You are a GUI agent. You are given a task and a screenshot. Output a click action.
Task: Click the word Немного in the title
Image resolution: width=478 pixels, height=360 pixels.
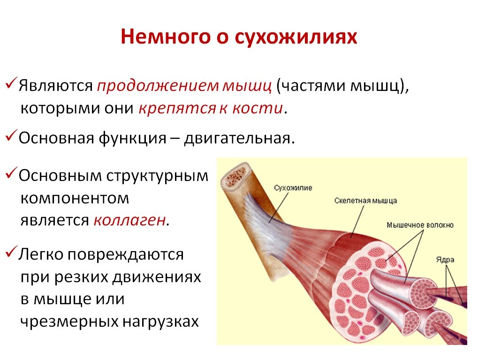click(x=166, y=37)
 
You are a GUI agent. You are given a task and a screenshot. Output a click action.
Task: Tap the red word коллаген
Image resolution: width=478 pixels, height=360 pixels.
click(x=130, y=220)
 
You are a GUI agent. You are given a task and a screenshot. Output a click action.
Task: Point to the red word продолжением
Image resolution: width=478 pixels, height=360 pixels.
click(x=158, y=86)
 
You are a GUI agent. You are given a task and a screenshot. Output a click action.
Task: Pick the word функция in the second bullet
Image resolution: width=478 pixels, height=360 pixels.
click(x=132, y=139)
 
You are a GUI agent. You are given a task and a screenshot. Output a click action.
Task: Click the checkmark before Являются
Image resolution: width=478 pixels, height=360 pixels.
click(x=10, y=83)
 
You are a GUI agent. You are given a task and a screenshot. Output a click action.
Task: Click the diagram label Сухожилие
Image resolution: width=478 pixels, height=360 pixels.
click(x=293, y=187)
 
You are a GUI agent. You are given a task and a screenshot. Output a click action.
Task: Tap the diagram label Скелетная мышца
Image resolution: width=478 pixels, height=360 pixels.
click(x=365, y=201)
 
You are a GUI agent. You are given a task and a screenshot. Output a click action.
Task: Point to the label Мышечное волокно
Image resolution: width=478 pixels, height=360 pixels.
click(x=420, y=225)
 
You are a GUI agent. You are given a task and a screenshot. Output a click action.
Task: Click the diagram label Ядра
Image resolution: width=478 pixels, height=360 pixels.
click(x=445, y=260)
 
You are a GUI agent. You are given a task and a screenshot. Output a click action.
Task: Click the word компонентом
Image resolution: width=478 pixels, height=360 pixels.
click(x=75, y=199)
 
